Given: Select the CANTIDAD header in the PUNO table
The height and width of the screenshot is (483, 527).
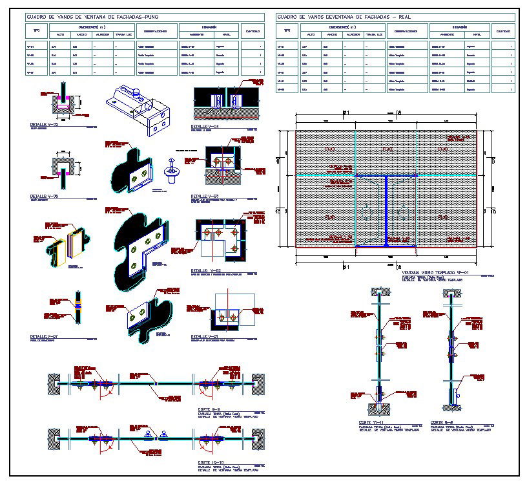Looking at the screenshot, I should point(252,30).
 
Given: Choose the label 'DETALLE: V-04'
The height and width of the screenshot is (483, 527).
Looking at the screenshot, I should point(205,126).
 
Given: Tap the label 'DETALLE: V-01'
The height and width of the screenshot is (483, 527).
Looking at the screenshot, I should point(205,336).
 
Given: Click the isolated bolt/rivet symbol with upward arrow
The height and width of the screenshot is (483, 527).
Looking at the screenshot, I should point(172,169).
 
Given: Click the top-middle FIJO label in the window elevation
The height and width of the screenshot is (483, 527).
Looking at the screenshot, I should point(386,149).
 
